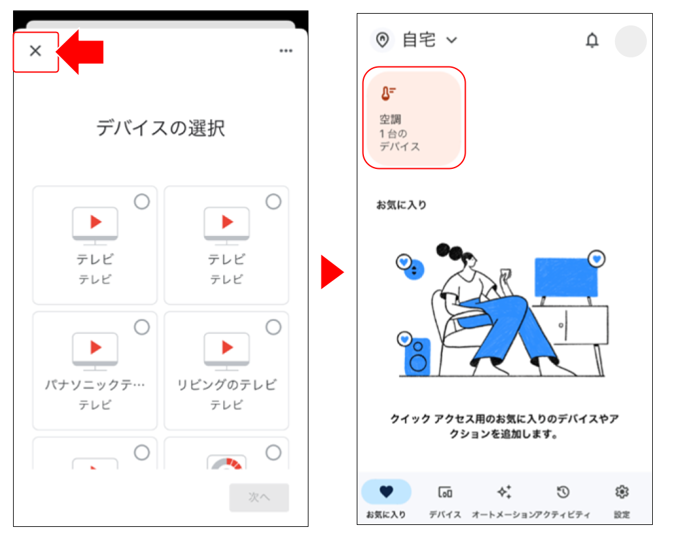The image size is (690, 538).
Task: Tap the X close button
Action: pyautogui.click(x=36, y=51)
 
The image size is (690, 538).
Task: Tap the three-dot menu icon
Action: pyautogui.click(x=286, y=52)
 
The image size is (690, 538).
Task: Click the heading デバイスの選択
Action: pyautogui.click(x=160, y=128)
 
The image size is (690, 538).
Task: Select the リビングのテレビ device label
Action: pyautogui.click(x=226, y=385)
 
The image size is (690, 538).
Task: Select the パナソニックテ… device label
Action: pyautogui.click(x=95, y=385)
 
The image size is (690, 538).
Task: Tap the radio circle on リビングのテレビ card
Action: pyautogui.click(x=273, y=327)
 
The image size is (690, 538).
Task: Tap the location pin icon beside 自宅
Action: pyautogui.click(x=383, y=40)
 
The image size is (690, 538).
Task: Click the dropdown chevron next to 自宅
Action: pyautogui.click(x=451, y=40)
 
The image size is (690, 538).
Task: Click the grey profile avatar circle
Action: pyautogui.click(x=630, y=41)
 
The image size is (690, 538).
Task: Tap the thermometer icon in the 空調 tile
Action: pyautogui.click(x=388, y=94)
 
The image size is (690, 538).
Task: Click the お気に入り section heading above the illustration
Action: pyautogui.click(x=401, y=205)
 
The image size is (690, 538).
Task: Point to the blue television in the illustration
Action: pyautogui.click(x=565, y=278)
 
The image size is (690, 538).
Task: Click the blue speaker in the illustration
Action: pyautogui.click(x=417, y=356)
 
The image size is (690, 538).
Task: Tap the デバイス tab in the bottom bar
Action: pyautogui.click(x=445, y=500)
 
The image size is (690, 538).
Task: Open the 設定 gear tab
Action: pyautogui.click(x=622, y=500)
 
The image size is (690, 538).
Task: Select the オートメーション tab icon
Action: pyautogui.click(x=503, y=492)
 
